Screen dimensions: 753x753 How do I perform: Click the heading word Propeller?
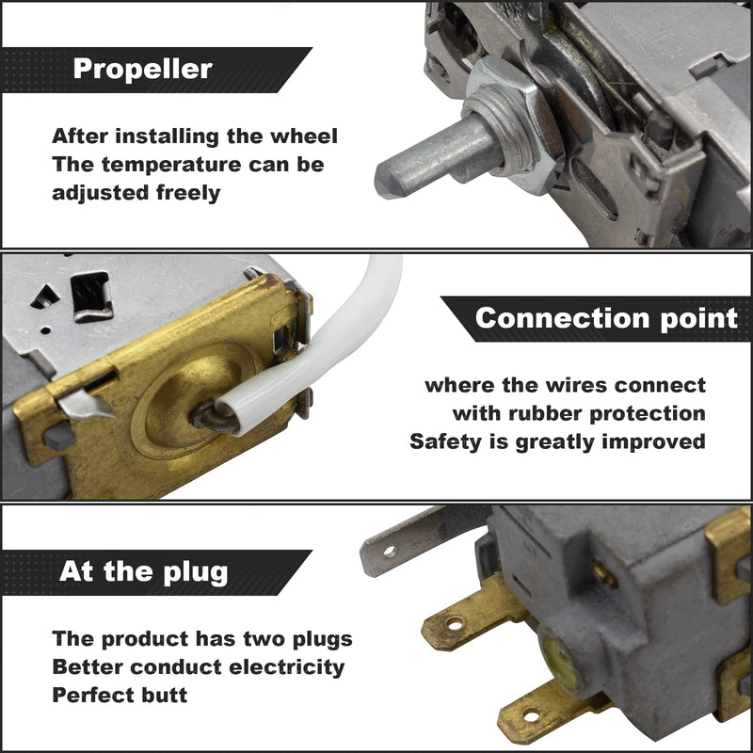[143, 69]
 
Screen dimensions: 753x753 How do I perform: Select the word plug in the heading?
[196, 573]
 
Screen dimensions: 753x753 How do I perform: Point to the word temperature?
[171, 166]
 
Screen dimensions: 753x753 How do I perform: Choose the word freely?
[188, 194]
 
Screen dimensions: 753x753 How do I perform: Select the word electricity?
[287, 667]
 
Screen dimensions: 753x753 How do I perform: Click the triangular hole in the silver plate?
[45, 296]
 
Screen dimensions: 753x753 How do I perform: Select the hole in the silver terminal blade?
[390, 552]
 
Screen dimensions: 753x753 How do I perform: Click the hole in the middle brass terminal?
[454, 624]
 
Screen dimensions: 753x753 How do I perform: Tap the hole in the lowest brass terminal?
[531, 716]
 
